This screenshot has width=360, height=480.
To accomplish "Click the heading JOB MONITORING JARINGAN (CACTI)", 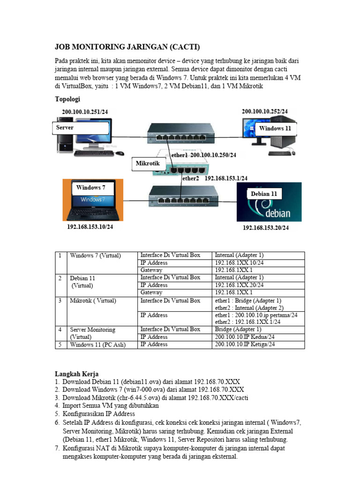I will pyautogui.click(x=127, y=47).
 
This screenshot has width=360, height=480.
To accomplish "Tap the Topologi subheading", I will pyautogui.click(x=68, y=99).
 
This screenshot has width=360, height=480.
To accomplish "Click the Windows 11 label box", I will pyautogui.click(x=275, y=128).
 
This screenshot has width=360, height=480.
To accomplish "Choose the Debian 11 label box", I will pyautogui.click(x=263, y=194).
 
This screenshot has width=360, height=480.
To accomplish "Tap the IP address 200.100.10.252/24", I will pyautogui.click(x=265, y=111).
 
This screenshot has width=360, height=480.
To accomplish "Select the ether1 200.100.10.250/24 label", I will pyautogui.click(x=203, y=155).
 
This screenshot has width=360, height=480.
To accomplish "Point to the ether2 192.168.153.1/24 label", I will pyautogui.click(x=214, y=179).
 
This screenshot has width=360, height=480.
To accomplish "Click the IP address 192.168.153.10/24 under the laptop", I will pyautogui.click(x=90, y=227).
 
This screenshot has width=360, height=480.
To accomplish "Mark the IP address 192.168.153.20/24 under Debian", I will pyautogui.click(x=266, y=228).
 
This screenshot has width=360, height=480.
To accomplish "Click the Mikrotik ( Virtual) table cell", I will pyautogui.click(x=93, y=300).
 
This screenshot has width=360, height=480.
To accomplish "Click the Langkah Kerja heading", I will pyautogui.click(x=77, y=374).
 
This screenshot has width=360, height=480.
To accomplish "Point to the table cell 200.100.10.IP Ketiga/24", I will pyautogui.click(x=245, y=345).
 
